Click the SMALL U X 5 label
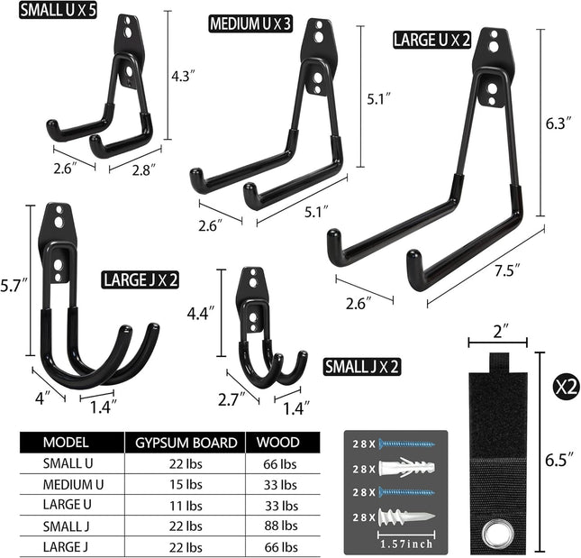click(51, 14)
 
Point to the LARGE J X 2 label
click(140, 280)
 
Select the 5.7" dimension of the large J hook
click(14, 285)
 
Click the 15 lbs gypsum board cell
click(186, 484)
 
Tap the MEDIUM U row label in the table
click(74, 484)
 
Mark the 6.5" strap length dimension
click(559, 457)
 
